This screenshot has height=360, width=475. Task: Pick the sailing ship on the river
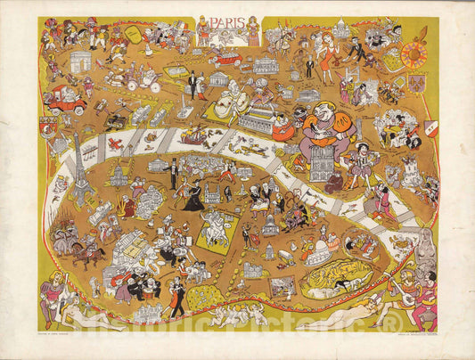[192, 136]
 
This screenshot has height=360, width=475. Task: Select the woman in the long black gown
[194, 196]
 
